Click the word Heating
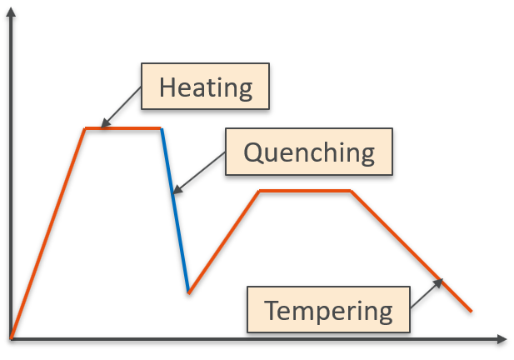pyautogui.click(x=206, y=87)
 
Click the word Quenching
pyautogui.click(x=309, y=152)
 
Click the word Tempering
pyautogui.click(x=328, y=311)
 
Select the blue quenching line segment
pyautogui.click(x=175, y=211)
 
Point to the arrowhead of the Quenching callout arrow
pyautogui.click(x=177, y=189)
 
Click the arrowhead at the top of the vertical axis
pyautogui.click(x=11, y=12)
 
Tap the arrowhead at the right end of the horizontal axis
pyautogui.click(x=502, y=339)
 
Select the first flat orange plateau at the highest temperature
pyautogui.click(x=123, y=128)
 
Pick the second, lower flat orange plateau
pyautogui.click(x=305, y=191)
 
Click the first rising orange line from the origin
pyautogui.click(x=47, y=233)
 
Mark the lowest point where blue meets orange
pyautogui.click(x=189, y=292)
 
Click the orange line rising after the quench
pyautogui.click(x=224, y=242)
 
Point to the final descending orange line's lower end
pyautogui.click(x=471, y=311)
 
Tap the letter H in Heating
pyautogui.click(x=167, y=87)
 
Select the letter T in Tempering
pyautogui.click(x=273, y=310)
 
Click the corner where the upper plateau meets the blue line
pyautogui.click(x=161, y=128)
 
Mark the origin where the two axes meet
pyautogui.click(x=12, y=339)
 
